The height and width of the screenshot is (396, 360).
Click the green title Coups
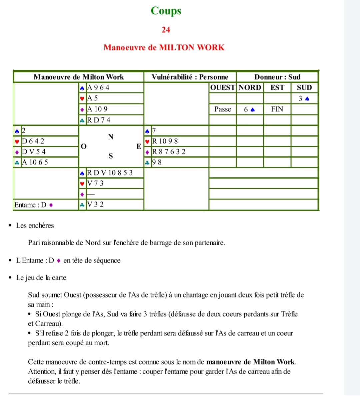click(x=166, y=11)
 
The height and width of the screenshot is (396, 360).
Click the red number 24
click(x=166, y=30)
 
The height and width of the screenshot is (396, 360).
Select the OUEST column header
click(x=223, y=88)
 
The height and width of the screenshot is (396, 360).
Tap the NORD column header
click(x=250, y=88)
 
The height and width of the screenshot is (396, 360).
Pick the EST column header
click(x=277, y=88)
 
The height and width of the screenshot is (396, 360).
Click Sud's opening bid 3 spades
click(x=304, y=99)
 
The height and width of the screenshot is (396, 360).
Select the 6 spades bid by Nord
click(x=249, y=109)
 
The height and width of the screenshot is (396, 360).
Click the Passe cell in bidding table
click(x=223, y=109)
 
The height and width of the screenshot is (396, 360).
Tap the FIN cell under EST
click(x=277, y=109)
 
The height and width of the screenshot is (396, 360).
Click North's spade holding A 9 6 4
click(x=98, y=88)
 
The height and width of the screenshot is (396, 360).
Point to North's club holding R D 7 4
click(x=99, y=120)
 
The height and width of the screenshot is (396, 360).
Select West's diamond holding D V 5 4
click(x=34, y=152)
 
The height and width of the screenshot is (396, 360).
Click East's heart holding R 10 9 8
click(x=165, y=141)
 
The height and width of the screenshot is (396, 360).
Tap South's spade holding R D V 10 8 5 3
click(x=110, y=173)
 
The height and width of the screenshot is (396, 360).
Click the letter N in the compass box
click(x=111, y=137)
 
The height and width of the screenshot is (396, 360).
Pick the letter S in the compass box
click(x=111, y=156)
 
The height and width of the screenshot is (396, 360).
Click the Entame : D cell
click(x=33, y=205)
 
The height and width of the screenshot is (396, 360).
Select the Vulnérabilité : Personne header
click(x=190, y=77)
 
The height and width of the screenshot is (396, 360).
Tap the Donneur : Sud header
click(x=277, y=77)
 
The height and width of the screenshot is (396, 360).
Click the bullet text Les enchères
click(x=35, y=225)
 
